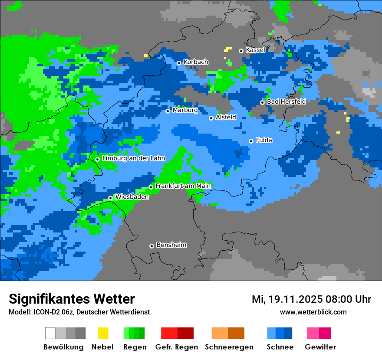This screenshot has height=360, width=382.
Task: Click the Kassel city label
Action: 255,50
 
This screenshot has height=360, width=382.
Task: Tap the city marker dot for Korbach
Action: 179,63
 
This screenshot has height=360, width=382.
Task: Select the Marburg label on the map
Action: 185,111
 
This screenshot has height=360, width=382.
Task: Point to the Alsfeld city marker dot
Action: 211,118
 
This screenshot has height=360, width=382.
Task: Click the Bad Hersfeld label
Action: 286,102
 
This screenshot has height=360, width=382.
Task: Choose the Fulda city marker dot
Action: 251,141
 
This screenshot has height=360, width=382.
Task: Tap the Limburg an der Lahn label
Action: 133,159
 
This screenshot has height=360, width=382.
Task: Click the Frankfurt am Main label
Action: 183,186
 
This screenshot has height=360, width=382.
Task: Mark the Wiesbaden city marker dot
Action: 111,198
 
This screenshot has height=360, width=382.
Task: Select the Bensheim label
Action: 171,245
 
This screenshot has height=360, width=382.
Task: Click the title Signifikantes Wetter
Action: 72,299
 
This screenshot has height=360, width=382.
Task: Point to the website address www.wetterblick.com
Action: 313,312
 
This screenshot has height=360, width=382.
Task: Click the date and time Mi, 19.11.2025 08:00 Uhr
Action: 311,299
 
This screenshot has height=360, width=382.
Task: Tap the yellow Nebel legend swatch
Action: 103,333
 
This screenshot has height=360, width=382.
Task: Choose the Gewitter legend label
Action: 320,347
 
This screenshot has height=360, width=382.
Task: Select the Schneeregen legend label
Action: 229,347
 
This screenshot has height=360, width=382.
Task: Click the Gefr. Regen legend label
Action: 177,347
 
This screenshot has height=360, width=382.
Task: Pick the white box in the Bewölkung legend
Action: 50,333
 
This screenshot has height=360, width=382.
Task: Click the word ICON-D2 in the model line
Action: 41,312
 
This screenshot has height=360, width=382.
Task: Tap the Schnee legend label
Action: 280,347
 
